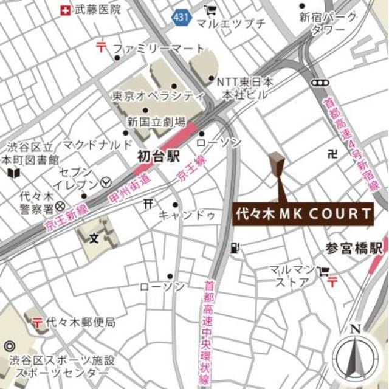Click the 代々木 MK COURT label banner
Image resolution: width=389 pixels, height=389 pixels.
pos(303,214)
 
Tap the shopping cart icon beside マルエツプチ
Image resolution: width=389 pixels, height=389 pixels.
pos(210,10)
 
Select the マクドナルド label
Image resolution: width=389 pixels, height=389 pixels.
pos(97,144)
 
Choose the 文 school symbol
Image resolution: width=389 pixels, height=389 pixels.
pos(94,236)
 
